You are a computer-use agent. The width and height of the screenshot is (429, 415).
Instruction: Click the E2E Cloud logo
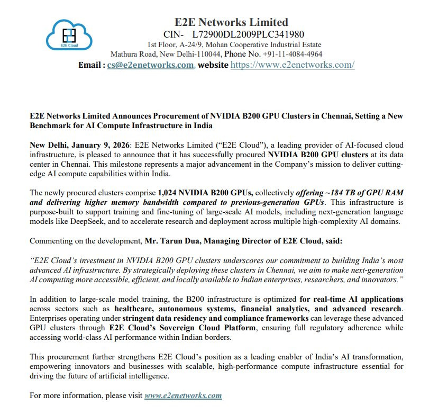(69, 34)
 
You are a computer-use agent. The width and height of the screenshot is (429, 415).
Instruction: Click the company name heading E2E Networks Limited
(231, 22)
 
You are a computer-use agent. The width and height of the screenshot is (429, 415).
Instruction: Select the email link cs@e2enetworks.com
(150, 65)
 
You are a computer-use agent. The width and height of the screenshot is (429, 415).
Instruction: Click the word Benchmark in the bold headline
(54, 126)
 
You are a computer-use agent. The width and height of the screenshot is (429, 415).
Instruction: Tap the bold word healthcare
(130, 309)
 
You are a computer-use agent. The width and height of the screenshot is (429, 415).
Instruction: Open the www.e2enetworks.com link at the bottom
(183, 395)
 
